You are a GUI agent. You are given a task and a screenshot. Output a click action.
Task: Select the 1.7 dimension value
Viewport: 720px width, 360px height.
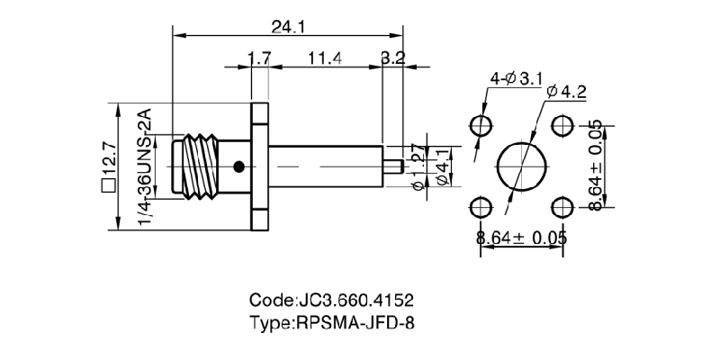[x=259, y=59]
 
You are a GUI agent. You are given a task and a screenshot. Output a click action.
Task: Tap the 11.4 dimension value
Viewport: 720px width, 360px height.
[x=324, y=59]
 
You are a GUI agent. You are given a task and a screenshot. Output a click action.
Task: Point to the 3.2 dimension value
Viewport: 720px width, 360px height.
[x=392, y=59]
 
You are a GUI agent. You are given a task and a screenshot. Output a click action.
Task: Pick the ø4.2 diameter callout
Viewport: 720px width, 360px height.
[x=565, y=91]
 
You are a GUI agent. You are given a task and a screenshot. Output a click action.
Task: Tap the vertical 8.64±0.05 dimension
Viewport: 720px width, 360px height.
[x=596, y=166]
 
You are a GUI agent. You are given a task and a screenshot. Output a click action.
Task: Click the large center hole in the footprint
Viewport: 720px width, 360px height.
[x=522, y=166]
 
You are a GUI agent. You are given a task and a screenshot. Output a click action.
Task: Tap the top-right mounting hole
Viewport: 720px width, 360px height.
[x=563, y=125]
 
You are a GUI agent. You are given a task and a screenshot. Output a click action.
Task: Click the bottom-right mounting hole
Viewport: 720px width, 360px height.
[x=563, y=208]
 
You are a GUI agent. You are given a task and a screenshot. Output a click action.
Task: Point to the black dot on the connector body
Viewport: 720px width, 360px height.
[x=238, y=166]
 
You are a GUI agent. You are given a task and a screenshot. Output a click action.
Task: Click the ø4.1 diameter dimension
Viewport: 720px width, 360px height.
[x=441, y=166]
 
